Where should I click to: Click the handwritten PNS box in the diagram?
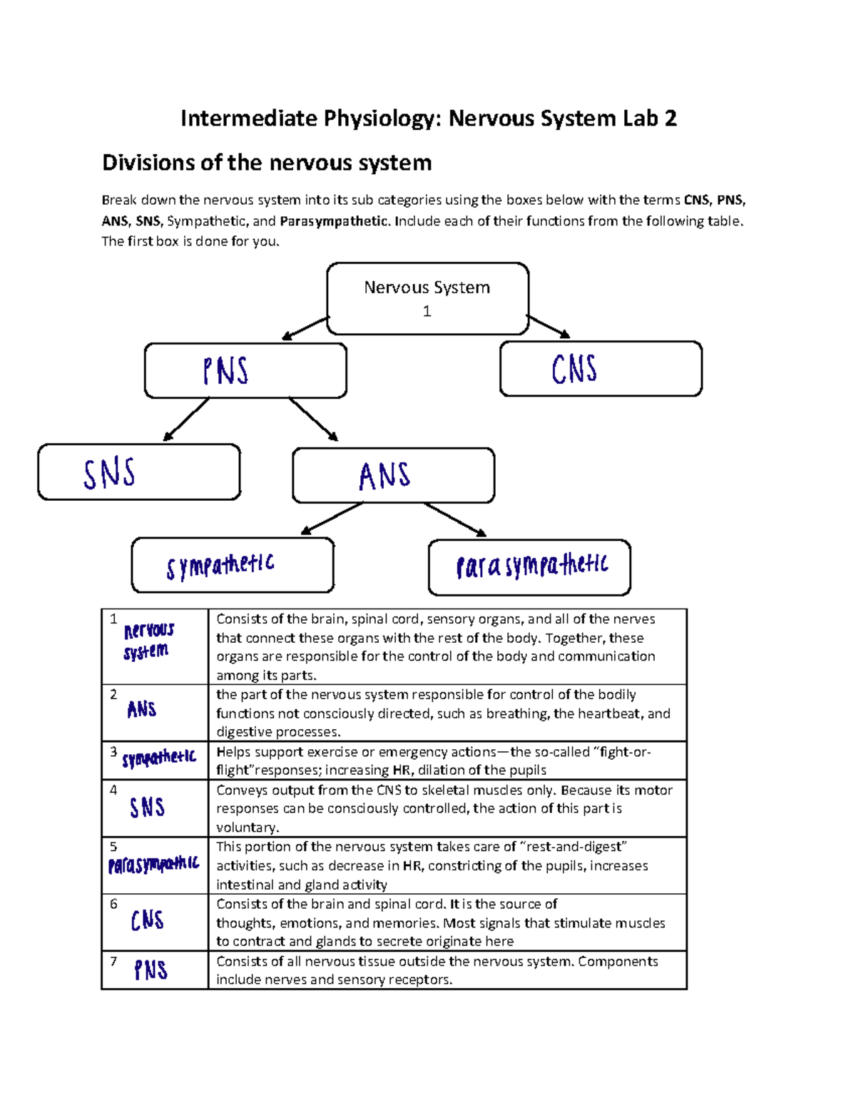point(245,371)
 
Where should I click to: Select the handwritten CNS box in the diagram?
point(601,369)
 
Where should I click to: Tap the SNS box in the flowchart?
point(139,472)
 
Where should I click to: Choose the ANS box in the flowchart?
point(393,476)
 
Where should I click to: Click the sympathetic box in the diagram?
point(233,565)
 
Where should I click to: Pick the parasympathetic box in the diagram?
point(529,567)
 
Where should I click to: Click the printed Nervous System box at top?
point(427,298)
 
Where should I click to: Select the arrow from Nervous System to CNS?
point(549,327)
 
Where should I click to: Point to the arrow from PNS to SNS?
point(185,420)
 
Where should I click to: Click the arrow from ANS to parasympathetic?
point(455,519)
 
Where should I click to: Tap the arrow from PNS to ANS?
point(314,420)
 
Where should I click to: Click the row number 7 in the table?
point(113,961)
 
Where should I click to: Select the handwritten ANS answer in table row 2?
point(141,709)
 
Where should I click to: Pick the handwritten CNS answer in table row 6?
point(148,920)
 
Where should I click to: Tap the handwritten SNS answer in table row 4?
point(147,808)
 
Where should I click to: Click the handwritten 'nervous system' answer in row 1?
point(148,641)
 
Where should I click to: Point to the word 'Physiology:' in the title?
point(382,118)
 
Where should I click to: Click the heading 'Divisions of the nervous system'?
point(267,163)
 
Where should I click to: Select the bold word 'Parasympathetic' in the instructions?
point(334,221)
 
